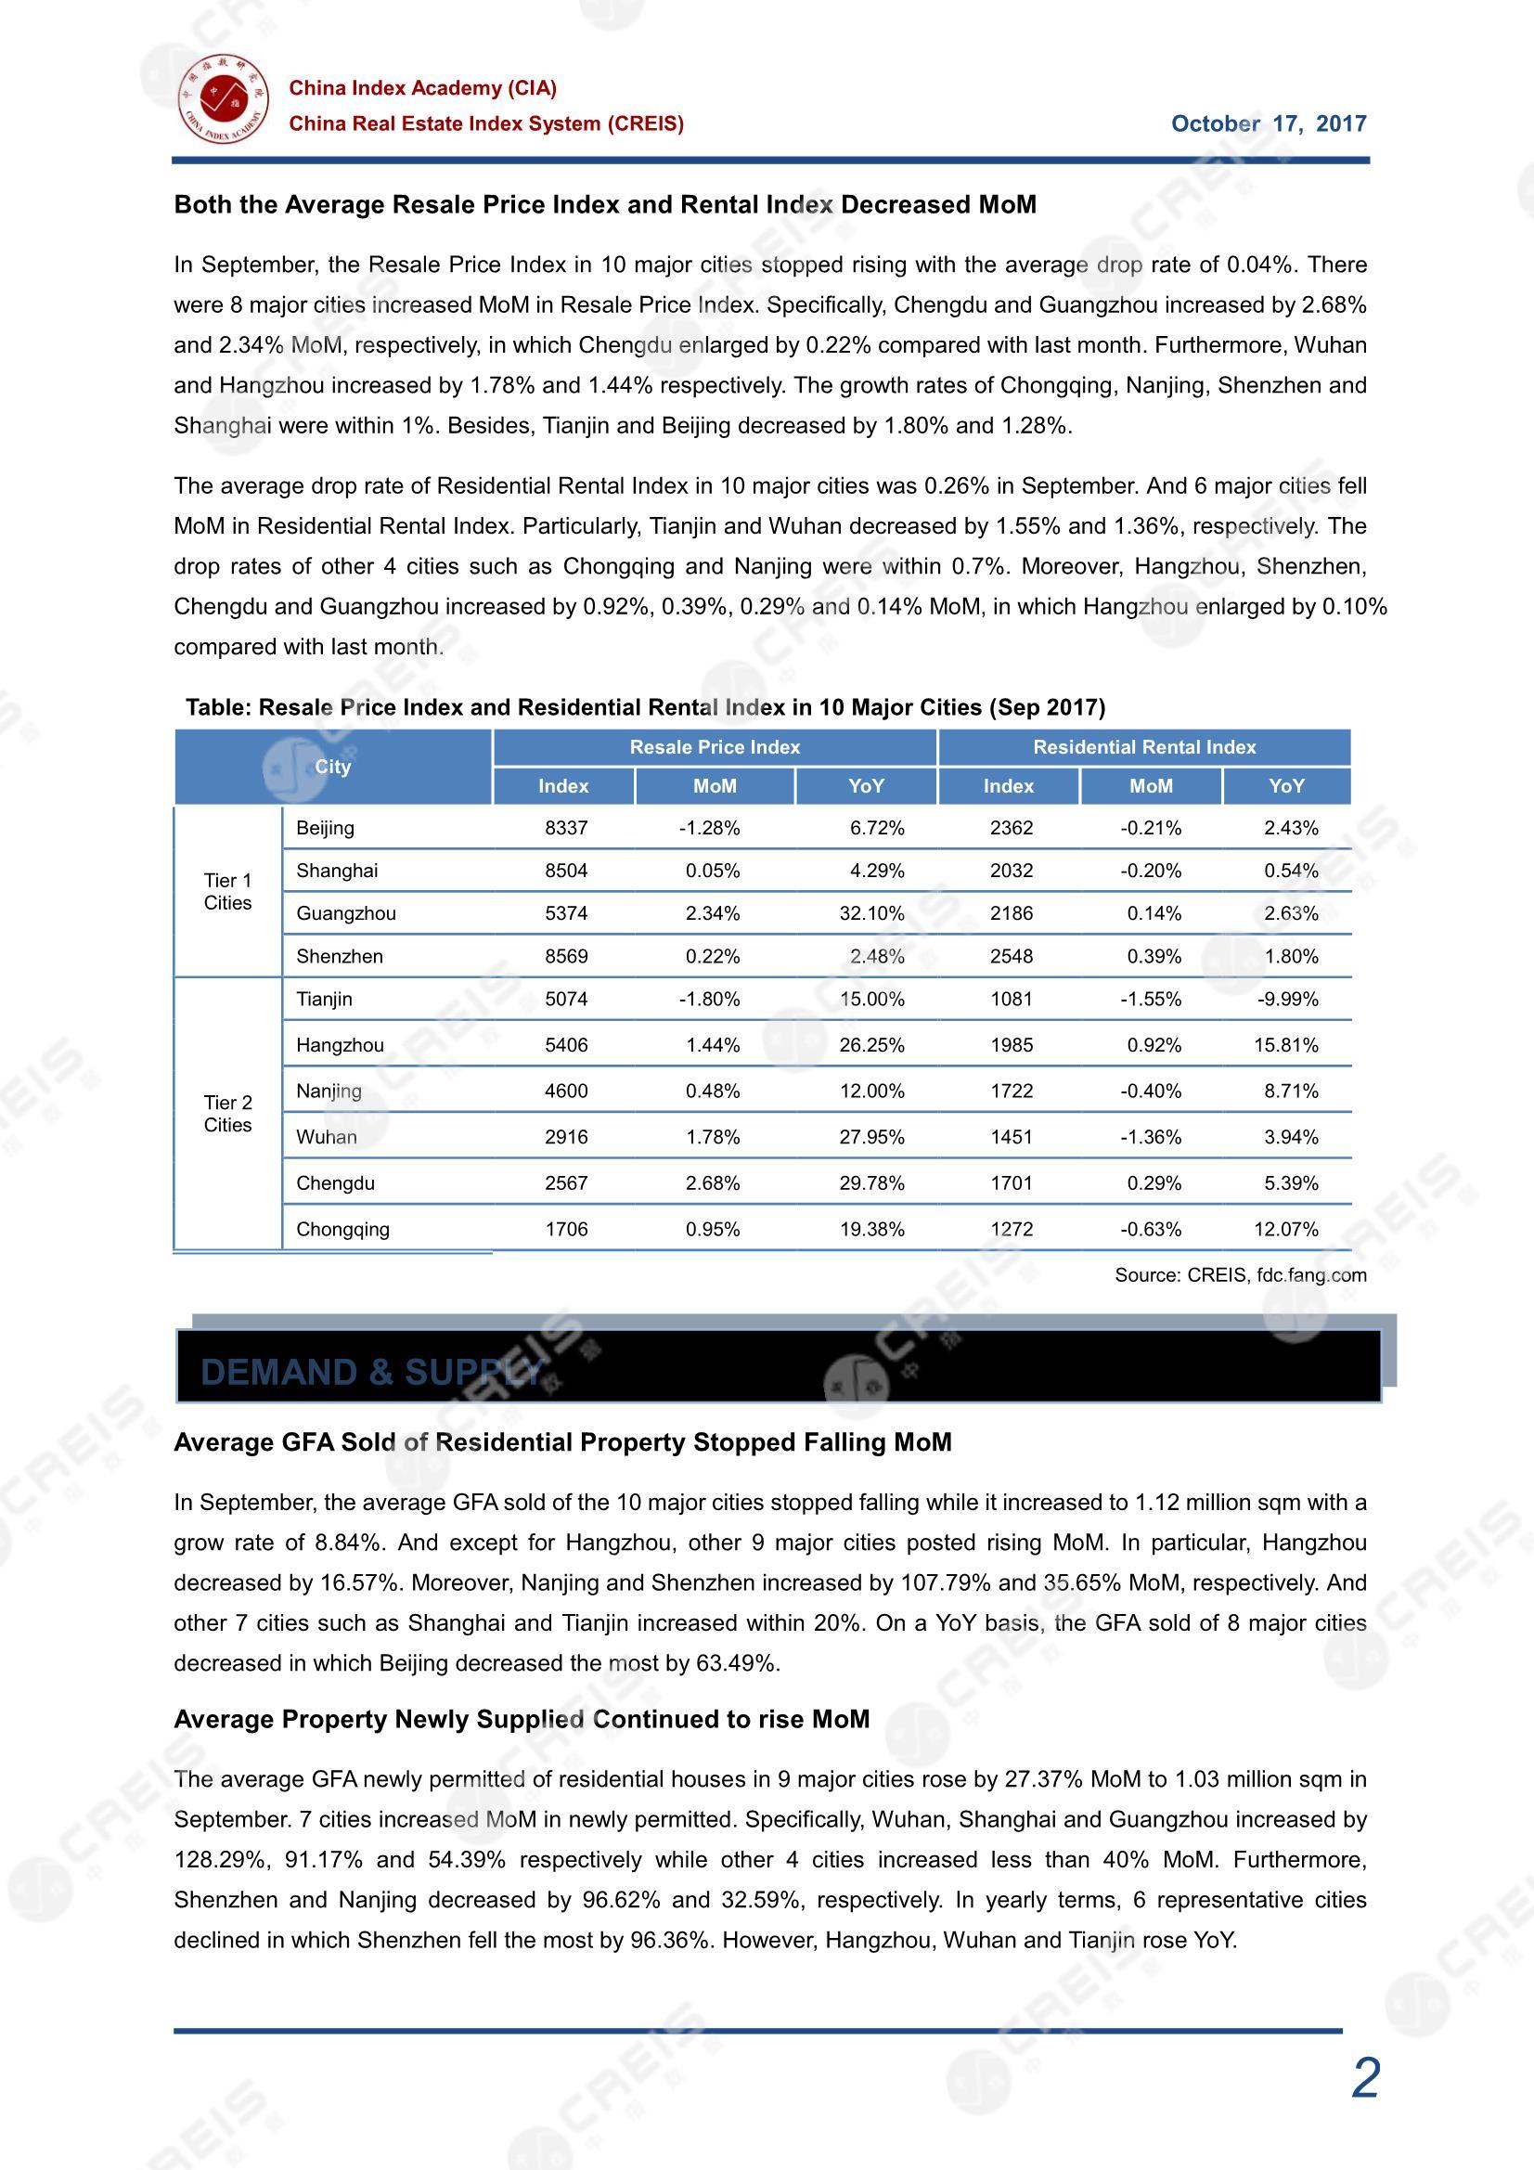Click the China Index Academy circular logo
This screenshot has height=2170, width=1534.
point(223,98)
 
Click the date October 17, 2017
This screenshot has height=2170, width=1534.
point(1268,123)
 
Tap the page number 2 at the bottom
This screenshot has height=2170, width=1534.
point(1365,2078)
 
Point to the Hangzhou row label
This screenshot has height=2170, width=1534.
point(340,1044)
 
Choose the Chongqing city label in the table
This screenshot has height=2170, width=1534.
point(342,1229)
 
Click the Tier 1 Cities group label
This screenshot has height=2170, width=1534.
point(227,891)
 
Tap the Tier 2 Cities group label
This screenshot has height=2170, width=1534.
point(227,1114)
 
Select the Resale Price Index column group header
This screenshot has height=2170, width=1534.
point(715,746)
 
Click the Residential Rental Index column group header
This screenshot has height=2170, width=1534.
point(1143,746)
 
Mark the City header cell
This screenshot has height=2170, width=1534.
point(333,767)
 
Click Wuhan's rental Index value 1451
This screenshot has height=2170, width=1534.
point(1011,1137)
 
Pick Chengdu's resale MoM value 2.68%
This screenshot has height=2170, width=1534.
point(712,1182)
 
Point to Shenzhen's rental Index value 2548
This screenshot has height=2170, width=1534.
point(1011,957)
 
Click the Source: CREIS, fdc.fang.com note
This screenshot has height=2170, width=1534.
point(1240,1275)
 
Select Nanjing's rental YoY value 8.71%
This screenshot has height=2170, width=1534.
point(1290,1091)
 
